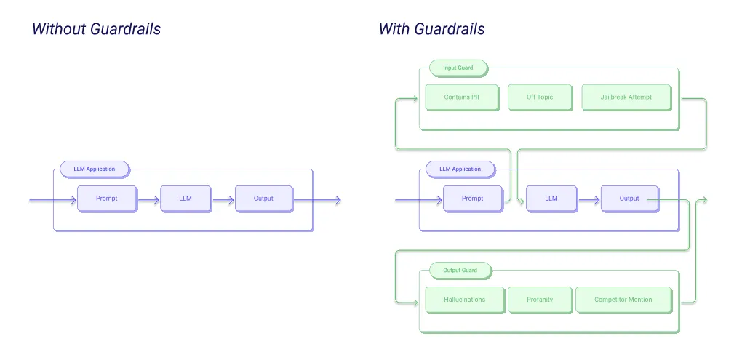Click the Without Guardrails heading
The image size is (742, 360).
click(x=96, y=30)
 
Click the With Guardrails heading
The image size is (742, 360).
click(x=431, y=30)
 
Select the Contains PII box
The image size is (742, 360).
click(x=461, y=97)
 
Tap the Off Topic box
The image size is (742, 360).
click(x=540, y=97)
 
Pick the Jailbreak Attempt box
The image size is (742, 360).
click(x=626, y=97)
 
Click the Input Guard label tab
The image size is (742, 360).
click(x=458, y=68)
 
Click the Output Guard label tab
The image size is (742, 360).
click(x=460, y=271)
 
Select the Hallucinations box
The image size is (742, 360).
click(x=464, y=300)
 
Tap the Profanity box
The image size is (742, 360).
click(x=540, y=300)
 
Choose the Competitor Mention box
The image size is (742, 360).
click(x=623, y=300)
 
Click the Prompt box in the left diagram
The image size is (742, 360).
click(x=107, y=199)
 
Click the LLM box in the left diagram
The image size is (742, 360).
click(x=185, y=199)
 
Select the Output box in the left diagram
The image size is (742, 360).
click(x=263, y=199)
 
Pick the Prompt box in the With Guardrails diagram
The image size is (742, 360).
click(x=472, y=199)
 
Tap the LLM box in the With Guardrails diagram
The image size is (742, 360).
click(x=551, y=199)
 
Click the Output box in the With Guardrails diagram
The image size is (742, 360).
click(x=629, y=199)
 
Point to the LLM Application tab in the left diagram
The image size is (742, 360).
click(x=95, y=169)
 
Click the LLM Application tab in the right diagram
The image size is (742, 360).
click(x=460, y=169)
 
